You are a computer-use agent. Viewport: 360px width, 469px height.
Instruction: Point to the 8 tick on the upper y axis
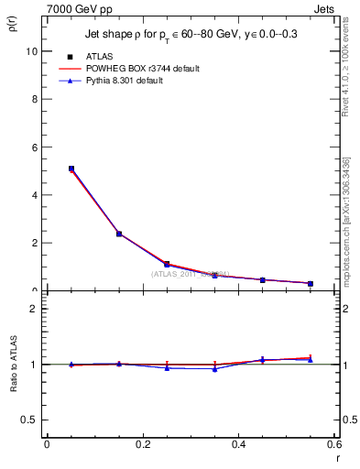point(34,100)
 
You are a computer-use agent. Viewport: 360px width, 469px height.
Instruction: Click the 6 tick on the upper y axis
point(34,147)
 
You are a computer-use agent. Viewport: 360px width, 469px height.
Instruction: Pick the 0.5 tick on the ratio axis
point(28,420)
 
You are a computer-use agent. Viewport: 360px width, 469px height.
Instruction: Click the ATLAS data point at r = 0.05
point(71,169)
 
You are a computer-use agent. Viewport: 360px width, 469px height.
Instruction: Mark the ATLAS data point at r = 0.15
point(119,234)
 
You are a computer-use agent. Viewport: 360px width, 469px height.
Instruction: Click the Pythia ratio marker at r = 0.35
point(214,369)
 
